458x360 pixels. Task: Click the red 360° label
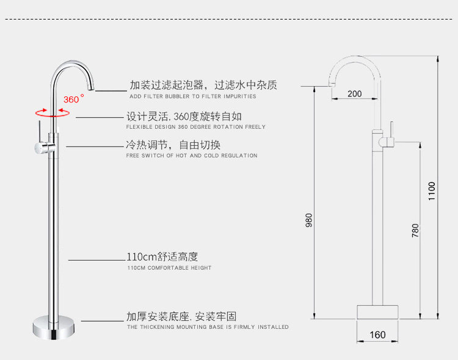(73, 99)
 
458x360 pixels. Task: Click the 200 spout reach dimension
(355, 94)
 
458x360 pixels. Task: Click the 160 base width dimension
(378, 335)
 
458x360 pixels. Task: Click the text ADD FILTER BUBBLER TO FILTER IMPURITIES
(192, 96)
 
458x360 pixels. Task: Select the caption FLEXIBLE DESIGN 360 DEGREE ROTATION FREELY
(195, 127)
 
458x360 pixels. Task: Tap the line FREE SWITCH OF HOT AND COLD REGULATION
(191, 156)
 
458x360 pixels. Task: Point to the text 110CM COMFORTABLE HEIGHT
(169, 268)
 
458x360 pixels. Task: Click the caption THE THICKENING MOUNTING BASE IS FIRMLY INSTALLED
(208, 327)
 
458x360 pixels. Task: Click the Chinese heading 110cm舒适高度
(162, 257)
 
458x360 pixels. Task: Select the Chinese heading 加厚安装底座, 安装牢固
(181, 316)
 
